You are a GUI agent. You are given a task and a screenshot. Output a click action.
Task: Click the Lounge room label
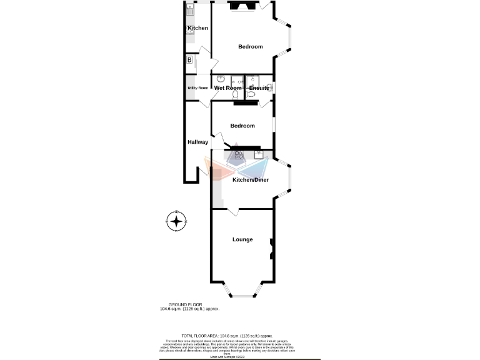(242, 239)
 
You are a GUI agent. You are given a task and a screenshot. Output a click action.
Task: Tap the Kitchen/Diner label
(251, 180)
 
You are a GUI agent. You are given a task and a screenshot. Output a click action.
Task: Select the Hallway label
(197, 142)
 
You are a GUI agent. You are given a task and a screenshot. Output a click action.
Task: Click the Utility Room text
(197, 88)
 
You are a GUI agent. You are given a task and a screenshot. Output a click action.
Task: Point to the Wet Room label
(227, 88)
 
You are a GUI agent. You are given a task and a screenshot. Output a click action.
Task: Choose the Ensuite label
(258, 88)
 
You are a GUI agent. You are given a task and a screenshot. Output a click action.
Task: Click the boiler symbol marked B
(189, 60)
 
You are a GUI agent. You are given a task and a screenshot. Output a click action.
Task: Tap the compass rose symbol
(177, 221)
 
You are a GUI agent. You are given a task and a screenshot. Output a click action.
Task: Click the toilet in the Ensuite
(251, 94)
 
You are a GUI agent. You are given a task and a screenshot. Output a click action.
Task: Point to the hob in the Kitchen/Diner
(239, 155)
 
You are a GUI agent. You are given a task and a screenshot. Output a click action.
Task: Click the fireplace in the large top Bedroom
(241, 7)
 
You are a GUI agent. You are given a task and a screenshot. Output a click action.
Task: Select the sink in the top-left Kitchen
(190, 9)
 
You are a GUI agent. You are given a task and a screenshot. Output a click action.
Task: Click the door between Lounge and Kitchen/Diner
(231, 212)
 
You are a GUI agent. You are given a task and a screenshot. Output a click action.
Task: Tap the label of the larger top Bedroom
(250, 47)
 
